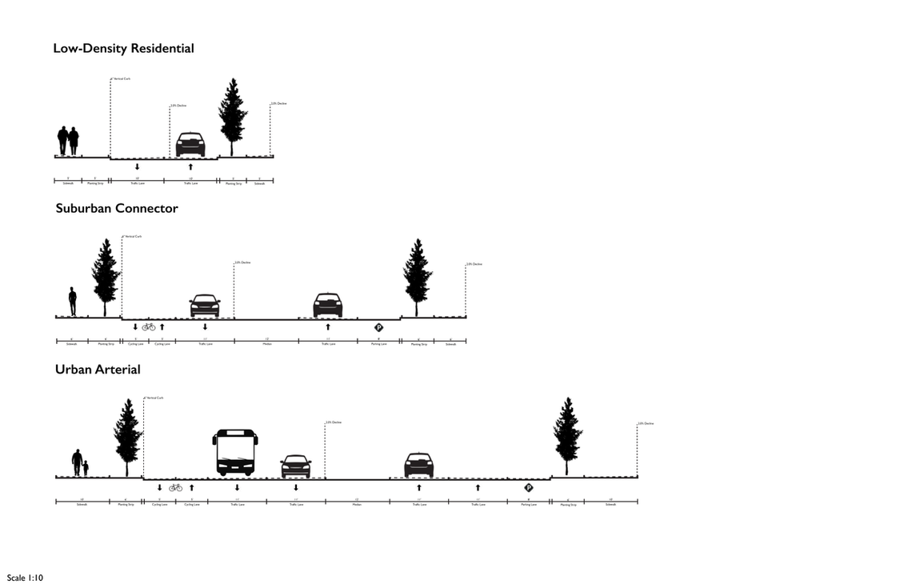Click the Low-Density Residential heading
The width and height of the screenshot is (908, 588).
point(123,49)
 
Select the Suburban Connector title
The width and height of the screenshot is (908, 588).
point(117,209)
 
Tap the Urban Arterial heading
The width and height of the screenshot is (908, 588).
point(98,370)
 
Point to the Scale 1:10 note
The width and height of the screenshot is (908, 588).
point(24,577)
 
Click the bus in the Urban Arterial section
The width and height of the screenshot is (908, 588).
point(235,452)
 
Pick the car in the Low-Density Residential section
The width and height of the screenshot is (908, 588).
point(190,145)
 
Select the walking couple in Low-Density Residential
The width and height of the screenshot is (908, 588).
point(68,141)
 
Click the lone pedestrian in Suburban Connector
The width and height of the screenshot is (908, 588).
point(73,302)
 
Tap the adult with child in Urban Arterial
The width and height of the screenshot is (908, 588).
point(80,462)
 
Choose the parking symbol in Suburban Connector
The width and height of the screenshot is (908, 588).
point(378,327)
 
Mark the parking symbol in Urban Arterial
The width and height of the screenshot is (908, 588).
point(529,488)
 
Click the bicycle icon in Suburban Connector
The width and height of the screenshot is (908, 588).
point(148,326)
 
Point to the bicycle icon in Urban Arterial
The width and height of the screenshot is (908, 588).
point(175,487)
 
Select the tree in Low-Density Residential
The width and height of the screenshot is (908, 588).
point(233,116)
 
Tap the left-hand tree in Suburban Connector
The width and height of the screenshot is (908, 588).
point(106,276)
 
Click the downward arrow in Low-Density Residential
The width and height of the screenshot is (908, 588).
point(138,167)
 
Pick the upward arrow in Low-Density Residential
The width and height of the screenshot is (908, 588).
point(190,167)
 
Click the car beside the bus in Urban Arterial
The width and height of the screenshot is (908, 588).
point(295,466)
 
